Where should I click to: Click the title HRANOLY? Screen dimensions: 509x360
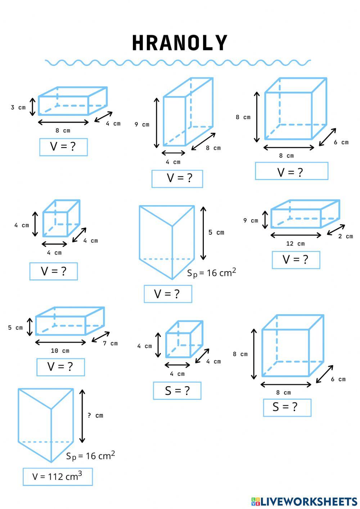180,43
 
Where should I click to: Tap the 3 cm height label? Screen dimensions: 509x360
18,107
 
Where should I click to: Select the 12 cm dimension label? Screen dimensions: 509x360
295,244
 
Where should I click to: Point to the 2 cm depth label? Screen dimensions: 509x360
346,237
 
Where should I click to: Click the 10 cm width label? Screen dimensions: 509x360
60,351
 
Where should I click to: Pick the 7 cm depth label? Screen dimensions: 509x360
110,343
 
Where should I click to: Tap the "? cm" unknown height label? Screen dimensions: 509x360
95,415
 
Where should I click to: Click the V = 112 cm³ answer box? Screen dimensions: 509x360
58,477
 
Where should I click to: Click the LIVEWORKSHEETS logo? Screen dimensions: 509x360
304,501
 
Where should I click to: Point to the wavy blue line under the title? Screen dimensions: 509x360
178,63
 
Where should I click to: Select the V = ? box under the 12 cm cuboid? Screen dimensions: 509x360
296,260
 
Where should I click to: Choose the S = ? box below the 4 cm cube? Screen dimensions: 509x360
177,391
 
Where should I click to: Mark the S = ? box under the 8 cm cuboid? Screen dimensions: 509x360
287,407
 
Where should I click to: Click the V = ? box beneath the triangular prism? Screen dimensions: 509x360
168,294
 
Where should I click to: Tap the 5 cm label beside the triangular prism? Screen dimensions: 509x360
216,233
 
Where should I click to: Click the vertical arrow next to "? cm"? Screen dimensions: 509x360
82,416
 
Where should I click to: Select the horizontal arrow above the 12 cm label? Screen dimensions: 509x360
296,235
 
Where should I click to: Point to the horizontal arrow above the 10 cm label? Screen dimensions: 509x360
60,342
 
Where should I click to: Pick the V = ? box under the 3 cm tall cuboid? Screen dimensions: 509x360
63,147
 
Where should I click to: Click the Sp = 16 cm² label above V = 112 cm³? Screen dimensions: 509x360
90,456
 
